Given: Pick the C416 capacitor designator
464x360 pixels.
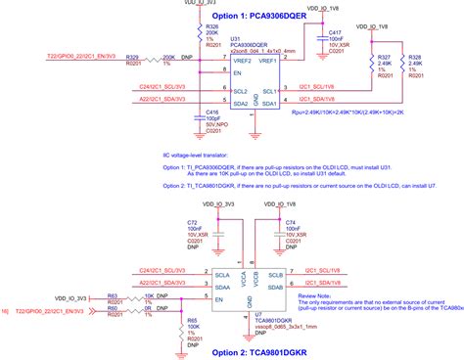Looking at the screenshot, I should pyautogui.click(x=212, y=112).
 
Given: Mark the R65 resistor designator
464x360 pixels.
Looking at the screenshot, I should pyautogui.click(x=193, y=319).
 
